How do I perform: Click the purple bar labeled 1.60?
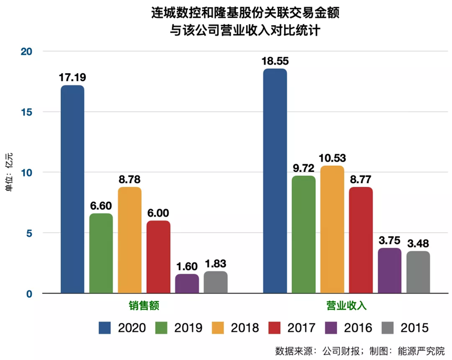click(187, 284)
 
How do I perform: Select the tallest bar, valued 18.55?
click(275, 181)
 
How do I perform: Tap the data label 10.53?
click(332, 158)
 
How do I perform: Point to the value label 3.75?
click(389, 240)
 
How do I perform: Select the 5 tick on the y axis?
click(29, 233)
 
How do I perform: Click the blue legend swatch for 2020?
click(105, 328)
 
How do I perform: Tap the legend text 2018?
click(245, 328)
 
